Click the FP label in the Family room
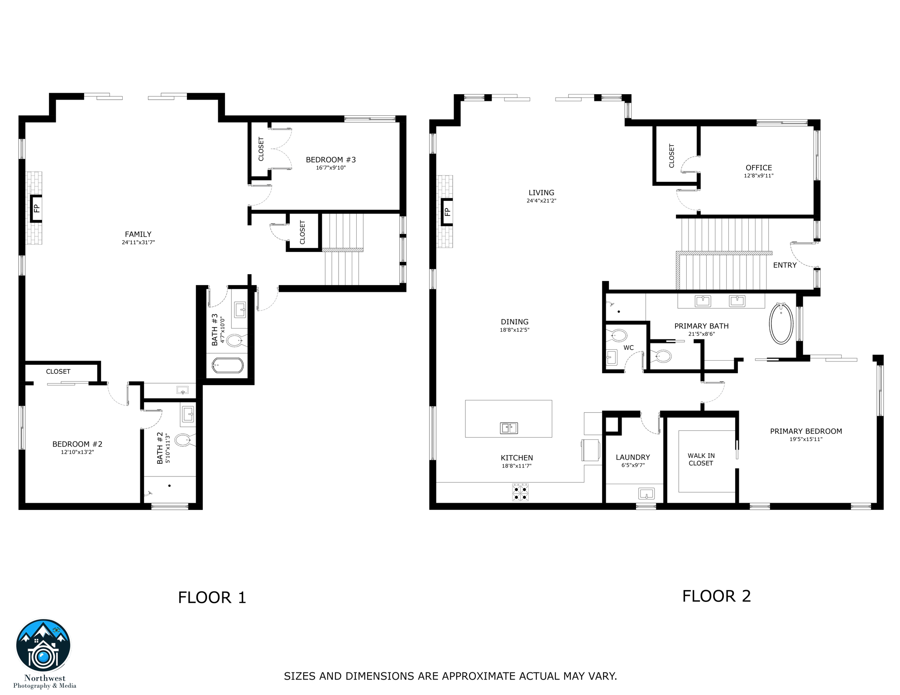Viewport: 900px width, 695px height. point(37,208)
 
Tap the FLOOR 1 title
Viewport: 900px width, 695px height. point(212,598)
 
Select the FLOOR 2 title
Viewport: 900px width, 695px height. point(716,596)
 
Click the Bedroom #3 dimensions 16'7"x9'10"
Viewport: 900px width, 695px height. point(330,168)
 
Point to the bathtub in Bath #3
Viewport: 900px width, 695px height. point(228,365)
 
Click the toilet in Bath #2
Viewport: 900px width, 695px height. point(183,440)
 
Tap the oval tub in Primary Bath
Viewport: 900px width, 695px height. point(781,324)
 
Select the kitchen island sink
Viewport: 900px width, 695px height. point(508,428)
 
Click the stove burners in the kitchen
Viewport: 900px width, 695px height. point(520,493)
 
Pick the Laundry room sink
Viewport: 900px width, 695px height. point(646,493)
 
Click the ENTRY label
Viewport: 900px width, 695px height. point(785,266)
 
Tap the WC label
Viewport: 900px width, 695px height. point(628,348)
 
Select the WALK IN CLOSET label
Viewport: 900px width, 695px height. point(701,460)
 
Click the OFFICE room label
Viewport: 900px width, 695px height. point(759,168)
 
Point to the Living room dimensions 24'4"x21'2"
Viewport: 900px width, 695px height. point(541,201)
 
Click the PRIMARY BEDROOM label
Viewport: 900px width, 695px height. point(806,432)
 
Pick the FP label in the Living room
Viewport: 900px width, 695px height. point(447,212)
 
